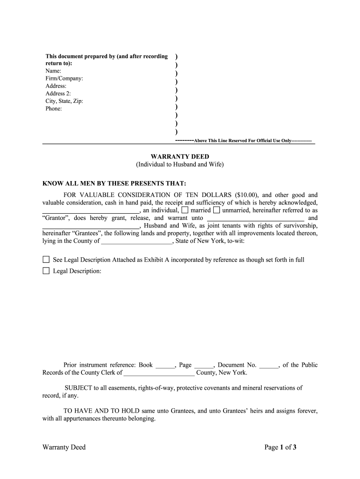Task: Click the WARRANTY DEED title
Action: click(180, 157)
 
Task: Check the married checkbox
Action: click(185, 210)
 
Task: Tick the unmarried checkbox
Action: click(216, 210)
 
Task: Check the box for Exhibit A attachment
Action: click(46, 260)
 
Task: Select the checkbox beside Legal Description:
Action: click(46, 271)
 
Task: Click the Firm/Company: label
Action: click(64, 79)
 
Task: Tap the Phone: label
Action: click(54, 109)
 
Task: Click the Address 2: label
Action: click(58, 94)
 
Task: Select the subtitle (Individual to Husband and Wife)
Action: click(180, 165)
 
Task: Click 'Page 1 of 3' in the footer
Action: click(281, 447)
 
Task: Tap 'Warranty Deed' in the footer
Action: click(64, 447)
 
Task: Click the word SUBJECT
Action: click(79, 388)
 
